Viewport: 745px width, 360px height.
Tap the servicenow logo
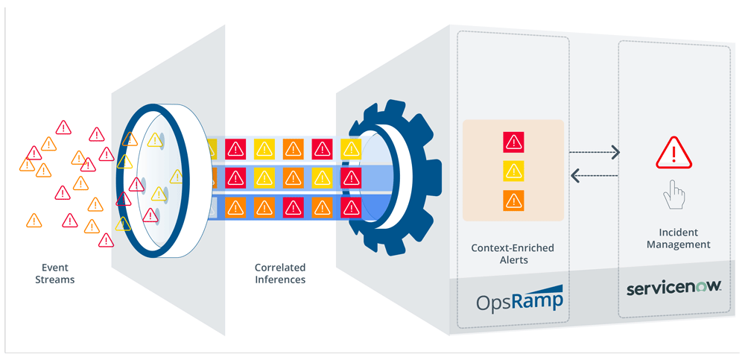[x=673, y=287]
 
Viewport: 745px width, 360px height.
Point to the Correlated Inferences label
[x=279, y=274]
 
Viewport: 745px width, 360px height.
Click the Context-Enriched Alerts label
[x=513, y=254]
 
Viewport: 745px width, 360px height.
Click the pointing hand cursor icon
[x=673, y=196]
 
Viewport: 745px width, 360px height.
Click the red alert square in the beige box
[x=513, y=142]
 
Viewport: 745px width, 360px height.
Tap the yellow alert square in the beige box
[x=513, y=171]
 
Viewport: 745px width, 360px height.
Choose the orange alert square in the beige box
[x=513, y=200]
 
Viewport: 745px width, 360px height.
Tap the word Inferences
[x=279, y=280]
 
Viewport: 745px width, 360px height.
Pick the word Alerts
[x=513, y=261]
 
